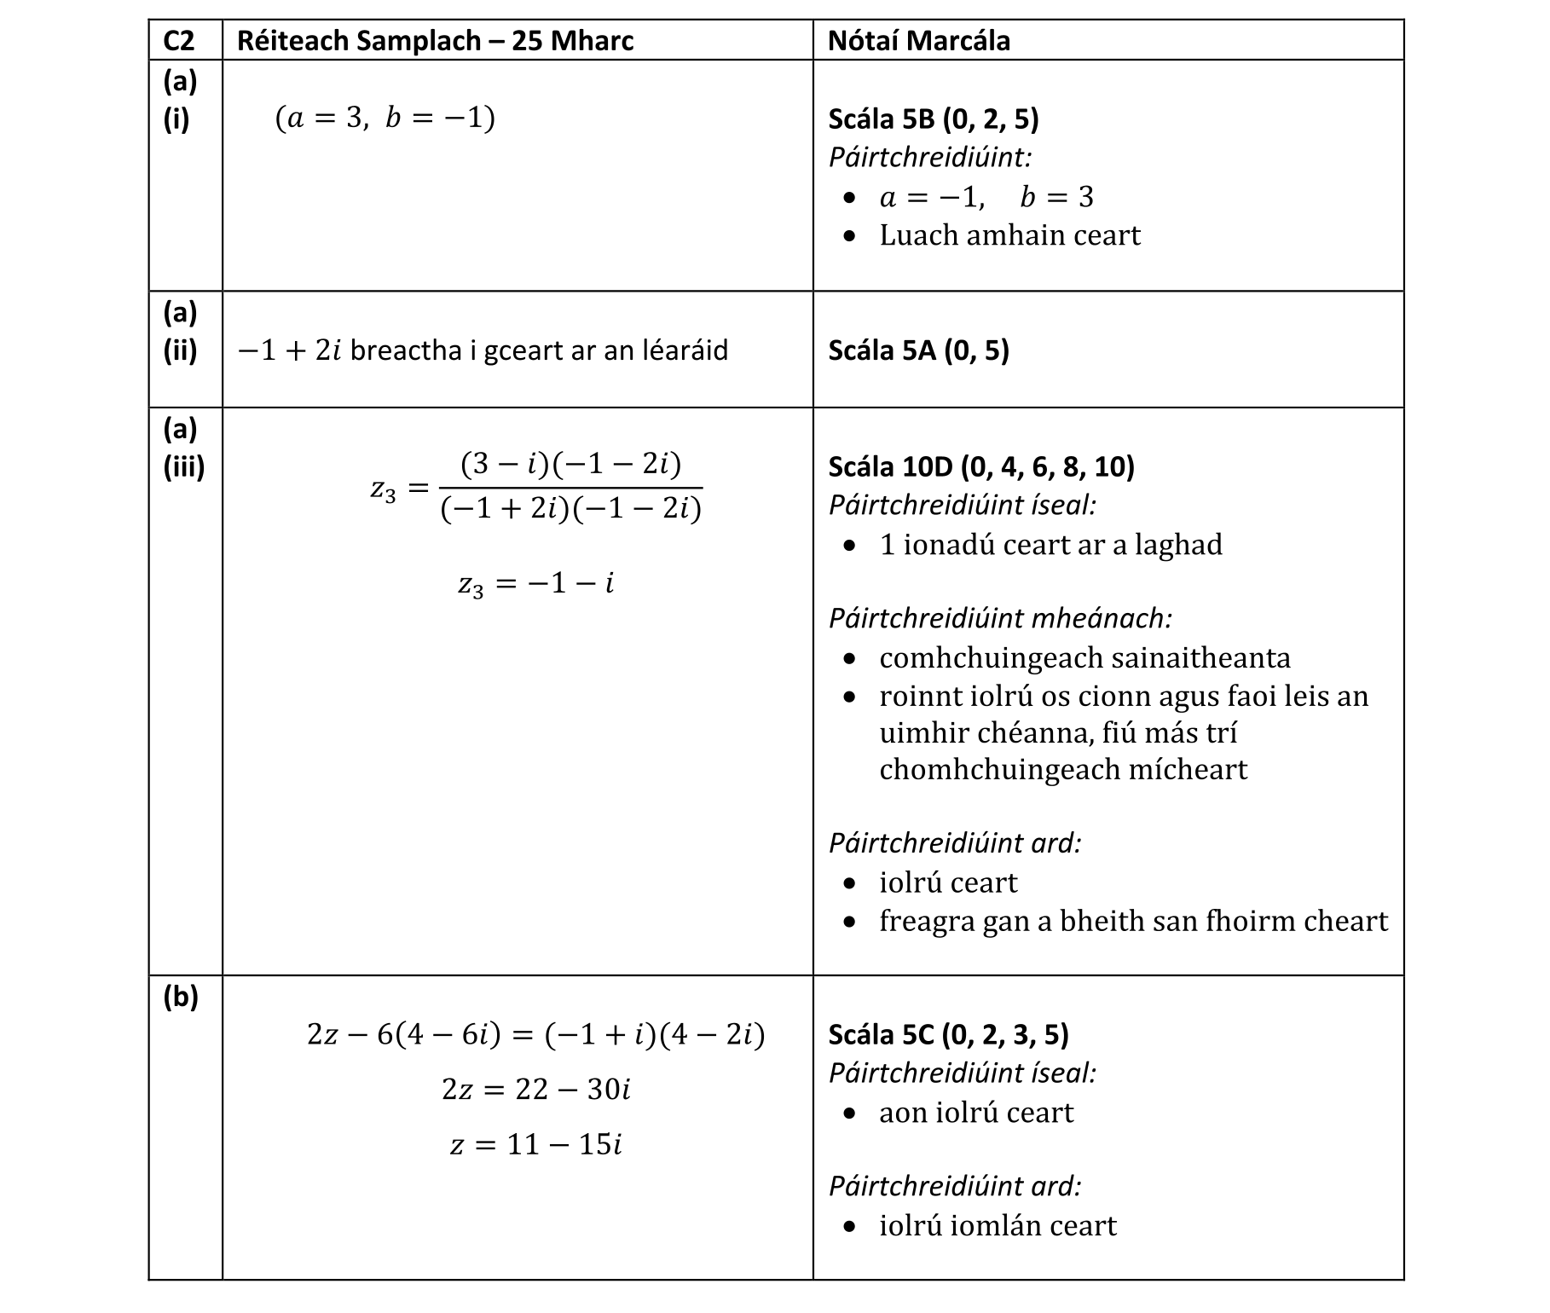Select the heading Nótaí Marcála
click(918, 40)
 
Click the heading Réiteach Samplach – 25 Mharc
click(435, 40)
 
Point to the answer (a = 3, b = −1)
click(385, 118)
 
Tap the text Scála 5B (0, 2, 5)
click(933, 119)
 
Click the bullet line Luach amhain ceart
click(1009, 235)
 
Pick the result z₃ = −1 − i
click(535, 584)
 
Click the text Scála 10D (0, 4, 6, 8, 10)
click(980, 466)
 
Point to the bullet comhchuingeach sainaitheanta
click(1084, 658)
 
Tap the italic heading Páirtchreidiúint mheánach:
click(999, 618)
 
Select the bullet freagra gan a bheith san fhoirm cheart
click(1132, 921)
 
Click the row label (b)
click(180, 996)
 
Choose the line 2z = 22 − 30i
click(535, 1090)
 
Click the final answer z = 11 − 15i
click(535, 1144)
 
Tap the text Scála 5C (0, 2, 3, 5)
click(948, 1034)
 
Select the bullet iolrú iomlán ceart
click(997, 1226)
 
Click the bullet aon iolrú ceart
click(975, 1113)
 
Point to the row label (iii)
click(183, 466)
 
